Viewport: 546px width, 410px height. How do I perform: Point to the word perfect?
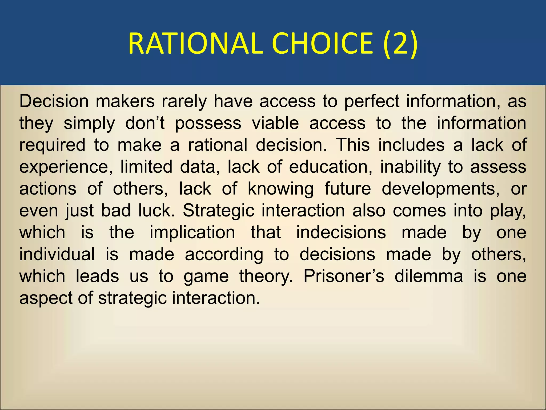(x=372, y=102)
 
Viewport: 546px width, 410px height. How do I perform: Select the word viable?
(x=275, y=123)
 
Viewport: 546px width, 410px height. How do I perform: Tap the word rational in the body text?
(x=218, y=145)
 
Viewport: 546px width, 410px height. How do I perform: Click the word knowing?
(x=280, y=189)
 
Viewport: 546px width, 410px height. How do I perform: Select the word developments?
(x=440, y=189)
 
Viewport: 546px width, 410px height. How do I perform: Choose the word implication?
(x=192, y=232)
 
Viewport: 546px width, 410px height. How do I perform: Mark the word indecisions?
(x=341, y=232)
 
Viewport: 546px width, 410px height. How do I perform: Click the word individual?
(x=57, y=254)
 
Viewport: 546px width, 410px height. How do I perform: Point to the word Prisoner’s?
(x=344, y=276)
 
